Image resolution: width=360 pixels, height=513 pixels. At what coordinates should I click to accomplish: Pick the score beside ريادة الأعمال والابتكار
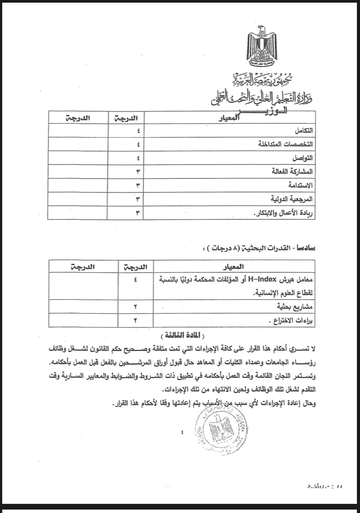pos(138,213)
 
